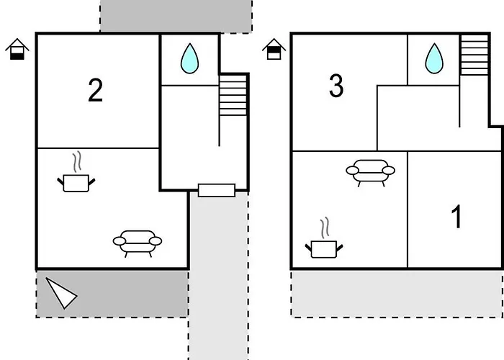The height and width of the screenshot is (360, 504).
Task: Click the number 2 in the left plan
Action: [x=96, y=90]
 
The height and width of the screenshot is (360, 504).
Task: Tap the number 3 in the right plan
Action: [x=336, y=85]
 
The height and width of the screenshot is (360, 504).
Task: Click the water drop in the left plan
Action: [x=189, y=58]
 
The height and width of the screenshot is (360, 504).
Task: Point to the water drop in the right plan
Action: [x=434, y=58]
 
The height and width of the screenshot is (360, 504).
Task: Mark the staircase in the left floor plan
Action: [x=233, y=96]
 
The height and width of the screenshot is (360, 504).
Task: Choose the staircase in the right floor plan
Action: [x=474, y=55]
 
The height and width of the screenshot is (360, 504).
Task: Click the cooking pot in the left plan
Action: [x=76, y=183]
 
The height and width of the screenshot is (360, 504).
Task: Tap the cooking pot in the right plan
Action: [x=324, y=249]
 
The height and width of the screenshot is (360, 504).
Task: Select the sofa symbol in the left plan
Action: [x=138, y=243]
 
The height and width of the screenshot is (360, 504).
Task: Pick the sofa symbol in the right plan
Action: [x=371, y=173]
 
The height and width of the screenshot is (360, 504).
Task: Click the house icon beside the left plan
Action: [x=17, y=49]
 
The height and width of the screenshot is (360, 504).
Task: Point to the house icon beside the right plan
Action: [x=274, y=49]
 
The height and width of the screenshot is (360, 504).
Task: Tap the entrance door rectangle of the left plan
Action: [x=217, y=190]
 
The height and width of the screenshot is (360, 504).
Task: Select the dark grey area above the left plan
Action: [x=176, y=16]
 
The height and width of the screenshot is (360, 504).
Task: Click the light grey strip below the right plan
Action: [x=397, y=294]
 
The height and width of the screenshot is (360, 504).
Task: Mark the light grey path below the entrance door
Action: [x=219, y=276]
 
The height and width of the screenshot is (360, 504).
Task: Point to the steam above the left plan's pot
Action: [x=76, y=162]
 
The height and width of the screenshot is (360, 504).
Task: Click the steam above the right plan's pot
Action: [x=325, y=228]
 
